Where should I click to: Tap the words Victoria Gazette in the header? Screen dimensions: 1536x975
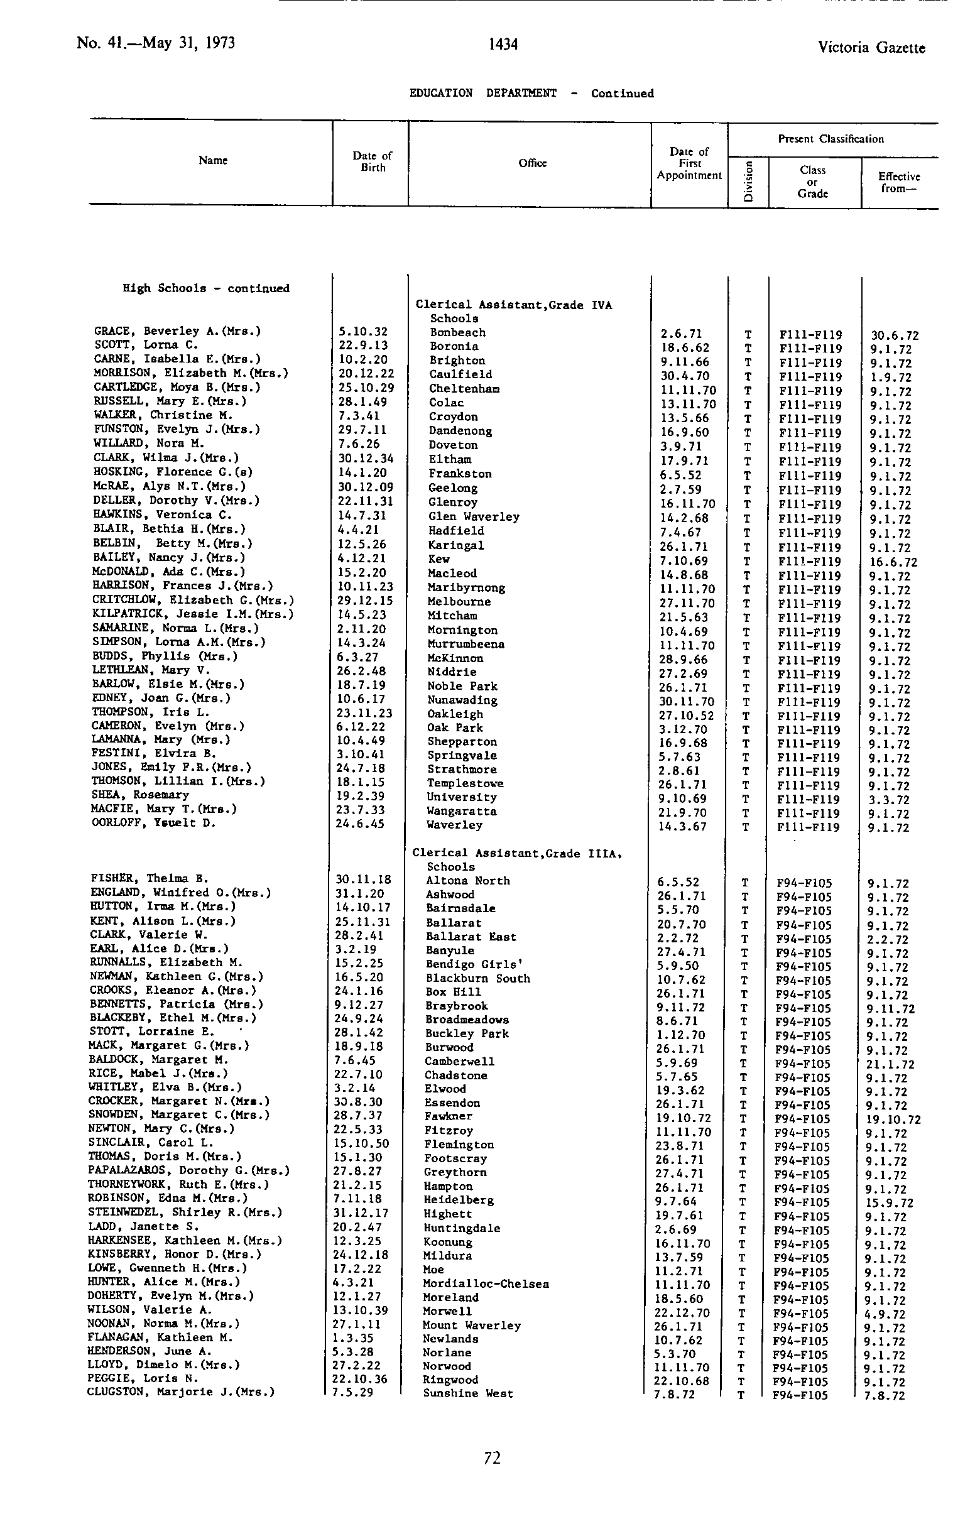871,48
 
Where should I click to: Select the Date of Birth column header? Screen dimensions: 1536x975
373,161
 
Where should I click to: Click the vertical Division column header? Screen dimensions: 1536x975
749,182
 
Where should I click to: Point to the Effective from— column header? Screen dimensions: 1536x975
898,182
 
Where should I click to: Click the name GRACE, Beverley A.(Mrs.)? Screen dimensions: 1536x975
177,331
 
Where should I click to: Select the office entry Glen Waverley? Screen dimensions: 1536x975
473,516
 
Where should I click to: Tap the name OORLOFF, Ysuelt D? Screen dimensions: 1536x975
155,823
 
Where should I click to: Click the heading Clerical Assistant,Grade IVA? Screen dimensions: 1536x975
513,305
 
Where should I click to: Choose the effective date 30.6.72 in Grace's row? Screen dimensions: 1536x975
895,335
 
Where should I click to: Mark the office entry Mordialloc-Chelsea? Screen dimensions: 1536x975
485,1283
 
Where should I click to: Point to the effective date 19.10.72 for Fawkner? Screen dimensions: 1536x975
893,1119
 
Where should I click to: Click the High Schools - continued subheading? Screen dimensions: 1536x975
206,288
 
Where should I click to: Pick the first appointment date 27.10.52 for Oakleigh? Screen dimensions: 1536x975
686,716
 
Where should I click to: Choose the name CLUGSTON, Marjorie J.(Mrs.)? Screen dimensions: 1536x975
180,1392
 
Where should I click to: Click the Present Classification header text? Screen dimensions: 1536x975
831,139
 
